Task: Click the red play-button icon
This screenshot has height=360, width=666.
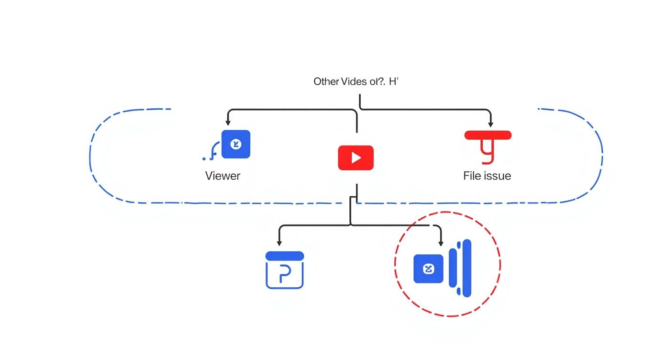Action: point(355,158)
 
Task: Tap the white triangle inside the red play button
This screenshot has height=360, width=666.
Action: point(356,158)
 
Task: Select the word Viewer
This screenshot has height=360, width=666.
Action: point(222,176)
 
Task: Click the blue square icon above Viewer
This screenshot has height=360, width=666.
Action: point(236,144)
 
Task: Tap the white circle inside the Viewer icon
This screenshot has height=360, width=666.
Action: point(235,144)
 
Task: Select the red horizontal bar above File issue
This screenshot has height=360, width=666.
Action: point(488,135)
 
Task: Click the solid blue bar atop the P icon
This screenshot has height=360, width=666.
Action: point(284,256)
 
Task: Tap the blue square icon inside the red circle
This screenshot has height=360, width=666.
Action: point(428,269)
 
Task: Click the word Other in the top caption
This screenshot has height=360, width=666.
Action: point(326,82)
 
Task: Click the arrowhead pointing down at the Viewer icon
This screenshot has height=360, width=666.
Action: point(228,124)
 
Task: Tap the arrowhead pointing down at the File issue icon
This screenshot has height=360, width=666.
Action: point(490,124)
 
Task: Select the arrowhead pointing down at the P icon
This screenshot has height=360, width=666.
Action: point(279,243)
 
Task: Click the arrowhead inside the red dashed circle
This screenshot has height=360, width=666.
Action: point(441,243)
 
